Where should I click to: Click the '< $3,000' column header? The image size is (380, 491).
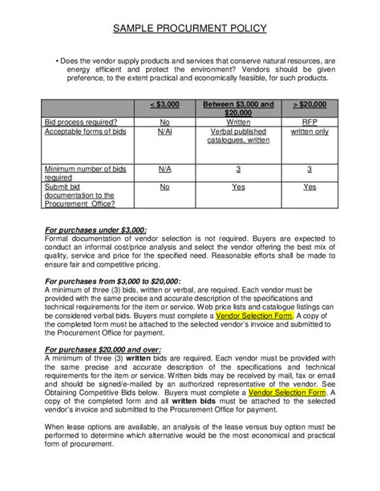pos(164,105)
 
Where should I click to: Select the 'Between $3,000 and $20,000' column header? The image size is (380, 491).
pos(238,109)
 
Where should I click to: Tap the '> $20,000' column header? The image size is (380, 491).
pos(309,105)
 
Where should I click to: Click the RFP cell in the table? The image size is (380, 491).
pos(309,122)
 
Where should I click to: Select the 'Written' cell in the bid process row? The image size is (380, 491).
pos(238,122)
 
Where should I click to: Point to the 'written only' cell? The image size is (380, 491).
pos(309,131)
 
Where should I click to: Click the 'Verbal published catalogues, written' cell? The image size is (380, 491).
pos(238,135)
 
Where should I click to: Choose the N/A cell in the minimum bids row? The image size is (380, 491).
pos(164,169)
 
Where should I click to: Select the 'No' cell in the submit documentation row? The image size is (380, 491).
pos(164,187)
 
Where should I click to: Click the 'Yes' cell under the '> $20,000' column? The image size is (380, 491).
pos(309,187)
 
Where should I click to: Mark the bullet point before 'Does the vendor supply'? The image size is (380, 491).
pos(59,61)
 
